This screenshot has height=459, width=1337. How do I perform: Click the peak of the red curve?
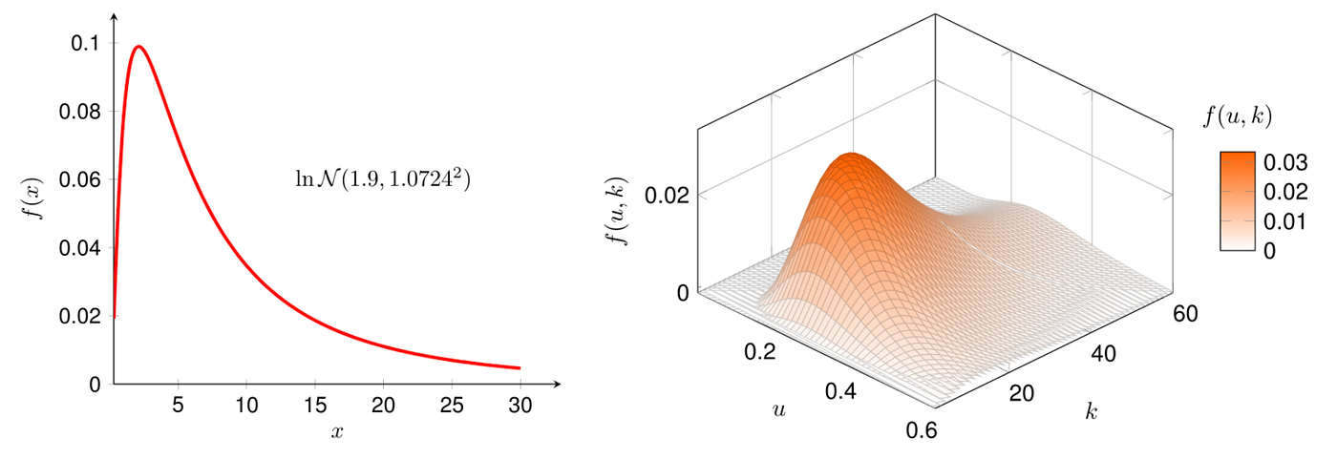(139, 47)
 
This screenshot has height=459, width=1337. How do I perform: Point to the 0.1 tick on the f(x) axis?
(87, 44)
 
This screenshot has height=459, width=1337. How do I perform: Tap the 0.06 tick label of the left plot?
(80, 179)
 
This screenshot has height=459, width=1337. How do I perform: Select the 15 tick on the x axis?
(314, 404)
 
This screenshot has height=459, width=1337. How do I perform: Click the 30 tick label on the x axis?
(520, 404)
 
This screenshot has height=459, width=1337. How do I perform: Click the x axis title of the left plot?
(336, 432)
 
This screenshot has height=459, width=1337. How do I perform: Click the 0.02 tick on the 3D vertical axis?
(667, 195)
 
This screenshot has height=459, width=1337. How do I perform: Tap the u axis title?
(779, 410)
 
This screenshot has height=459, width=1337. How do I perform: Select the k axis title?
(1090, 412)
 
